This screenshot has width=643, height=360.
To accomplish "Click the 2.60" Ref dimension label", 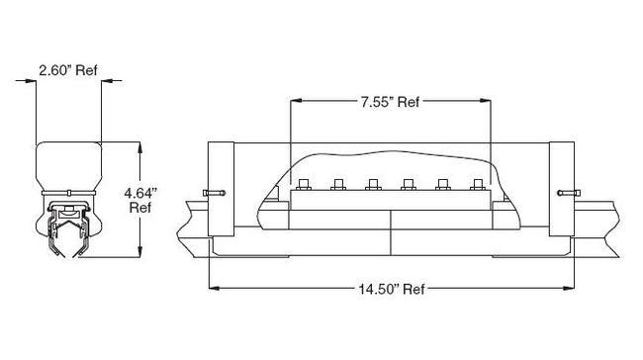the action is (x=68, y=70).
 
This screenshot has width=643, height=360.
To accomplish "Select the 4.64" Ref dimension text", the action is (x=140, y=200).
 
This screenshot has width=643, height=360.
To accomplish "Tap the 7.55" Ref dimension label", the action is (x=390, y=102).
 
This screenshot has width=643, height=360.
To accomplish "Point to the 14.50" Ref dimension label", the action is (x=392, y=289).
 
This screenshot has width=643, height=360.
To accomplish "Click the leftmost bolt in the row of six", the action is (x=304, y=185).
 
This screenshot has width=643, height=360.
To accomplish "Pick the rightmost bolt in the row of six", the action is (x=478, y=185).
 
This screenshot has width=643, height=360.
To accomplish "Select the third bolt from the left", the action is (x=373, y=185).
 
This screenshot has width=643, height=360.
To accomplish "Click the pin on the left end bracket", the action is (x=214, y=193).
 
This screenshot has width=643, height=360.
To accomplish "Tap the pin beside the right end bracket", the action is (x=569, y=193).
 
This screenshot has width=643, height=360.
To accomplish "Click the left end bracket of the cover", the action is (x=221, y=189).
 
